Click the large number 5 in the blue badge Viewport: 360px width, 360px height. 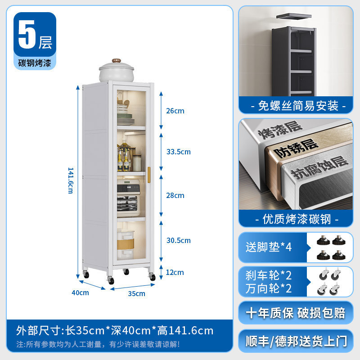(27, 36)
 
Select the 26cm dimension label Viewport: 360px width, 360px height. (175, 111)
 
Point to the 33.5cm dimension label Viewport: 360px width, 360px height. (178, 152)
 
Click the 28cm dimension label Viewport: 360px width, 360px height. (175, 196)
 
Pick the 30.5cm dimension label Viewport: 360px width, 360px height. (178, 241)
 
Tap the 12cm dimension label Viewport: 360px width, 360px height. (175, 272)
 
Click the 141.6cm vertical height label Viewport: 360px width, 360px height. (70, 180)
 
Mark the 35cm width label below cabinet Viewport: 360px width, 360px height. (136, 294)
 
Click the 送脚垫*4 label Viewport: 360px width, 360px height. (269, 247)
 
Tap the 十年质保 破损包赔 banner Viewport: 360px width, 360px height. (295, 313)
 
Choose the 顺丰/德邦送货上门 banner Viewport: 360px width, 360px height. (295, 341)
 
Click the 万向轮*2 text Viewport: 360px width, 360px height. (269, 288)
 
